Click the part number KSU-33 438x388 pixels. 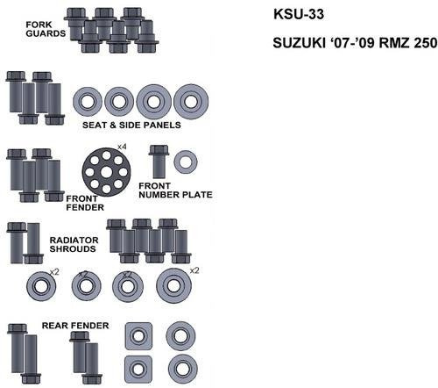(299, 14)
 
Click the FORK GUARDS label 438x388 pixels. (46, 29)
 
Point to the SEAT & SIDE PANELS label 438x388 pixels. (131, 125)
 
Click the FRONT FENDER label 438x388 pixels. (85, 203)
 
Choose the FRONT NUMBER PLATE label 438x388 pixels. (175, 190)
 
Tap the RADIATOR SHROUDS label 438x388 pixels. (74, 244)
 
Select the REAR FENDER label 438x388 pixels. (75, 326)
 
